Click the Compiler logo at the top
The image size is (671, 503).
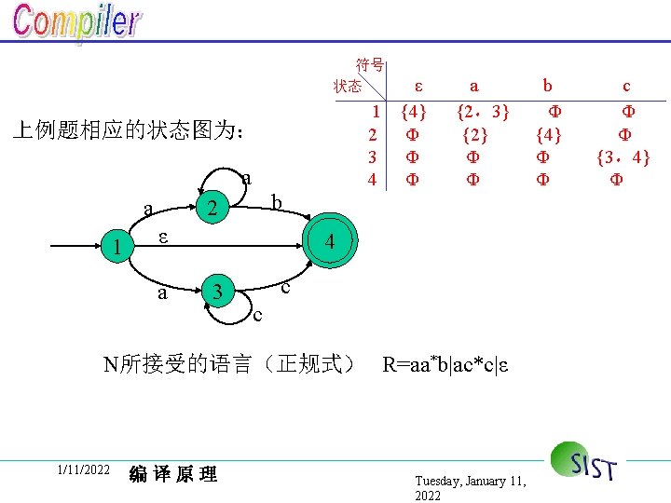coord(76,24)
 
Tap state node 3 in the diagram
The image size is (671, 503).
coord(217,292)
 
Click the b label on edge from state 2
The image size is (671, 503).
coord(276,201)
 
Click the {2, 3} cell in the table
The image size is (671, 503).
coord(481,113)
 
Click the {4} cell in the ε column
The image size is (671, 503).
coord(413,113)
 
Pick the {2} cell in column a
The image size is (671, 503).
coord(474,134)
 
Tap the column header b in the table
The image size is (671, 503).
coord(548,86)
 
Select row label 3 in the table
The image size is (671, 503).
coord(372,156)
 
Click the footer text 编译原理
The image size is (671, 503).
coord(173,474)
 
